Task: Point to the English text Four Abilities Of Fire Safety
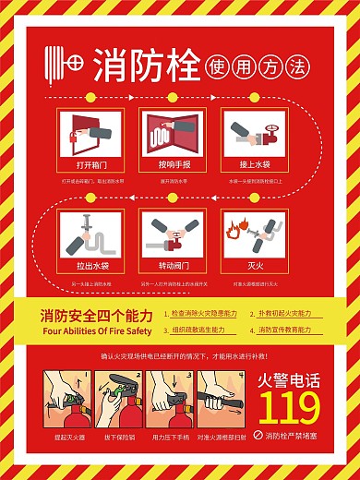coord(95,330)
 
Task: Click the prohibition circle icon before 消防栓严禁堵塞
coord(258,435)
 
